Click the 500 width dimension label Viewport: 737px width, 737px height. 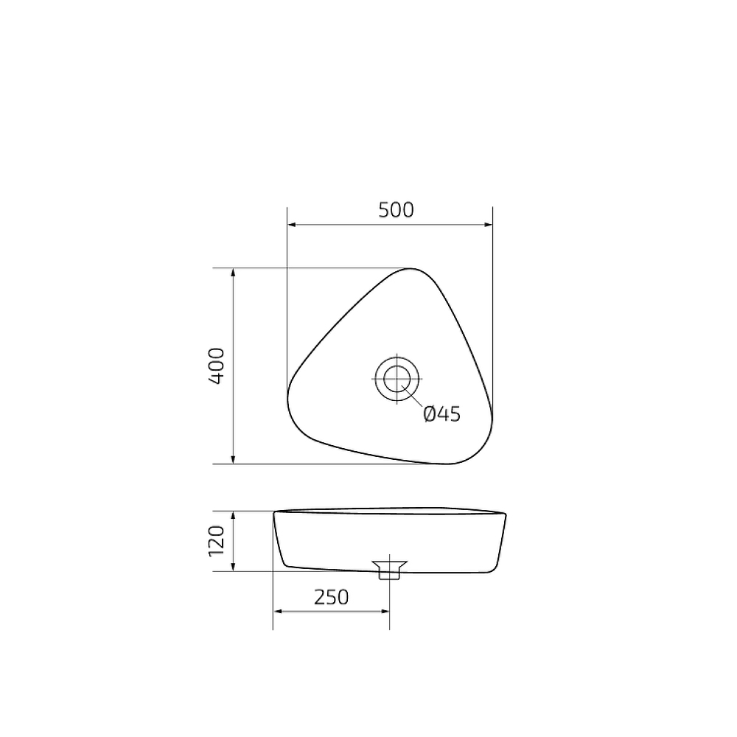pos(396,210)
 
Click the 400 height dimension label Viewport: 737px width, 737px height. pos(217,366)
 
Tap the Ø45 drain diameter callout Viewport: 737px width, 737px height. pos(442,414)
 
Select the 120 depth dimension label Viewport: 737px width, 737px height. pos(216,541)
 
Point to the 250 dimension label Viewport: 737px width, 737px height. pos(331,597)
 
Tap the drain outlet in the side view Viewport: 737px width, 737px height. pos(389,569)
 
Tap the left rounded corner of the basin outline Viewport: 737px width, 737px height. pos(290,394)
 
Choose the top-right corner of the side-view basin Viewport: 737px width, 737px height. pos(506,514)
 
